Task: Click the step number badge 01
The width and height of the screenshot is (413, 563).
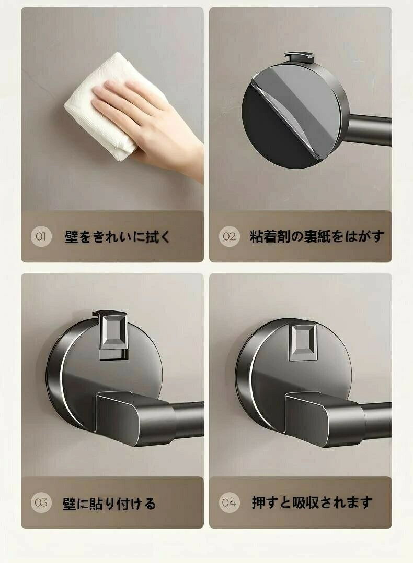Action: pyautogui.click(x=41, y=236)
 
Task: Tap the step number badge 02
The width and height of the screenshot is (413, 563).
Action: pyautogui.click(x=229, y=236)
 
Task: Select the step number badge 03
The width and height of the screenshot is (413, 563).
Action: pyautogui.click(x=41, y=502)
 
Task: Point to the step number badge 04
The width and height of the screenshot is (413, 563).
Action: pyautogui.click(x=229, y=502)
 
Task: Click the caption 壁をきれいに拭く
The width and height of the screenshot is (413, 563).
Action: pyautogui.click(x=117, y=236)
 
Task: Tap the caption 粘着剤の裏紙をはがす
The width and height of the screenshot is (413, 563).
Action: pyautogui.click(x=317, y=236)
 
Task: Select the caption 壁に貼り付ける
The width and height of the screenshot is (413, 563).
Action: pyautogui.click(x=109, y=503)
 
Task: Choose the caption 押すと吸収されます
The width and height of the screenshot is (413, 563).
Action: pyautogui.click(x=312, y=502)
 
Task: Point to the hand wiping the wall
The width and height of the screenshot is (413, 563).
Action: pyautogui.click(x=151, y=126)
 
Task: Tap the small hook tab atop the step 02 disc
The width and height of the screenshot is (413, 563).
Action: pyautogui.click(x=300, y=57)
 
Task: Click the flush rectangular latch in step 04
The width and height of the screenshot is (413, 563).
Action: pyautogui.click(x=303, y=341)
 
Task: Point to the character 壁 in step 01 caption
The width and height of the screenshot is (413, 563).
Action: pyautogui.click(x=71, y=237)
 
